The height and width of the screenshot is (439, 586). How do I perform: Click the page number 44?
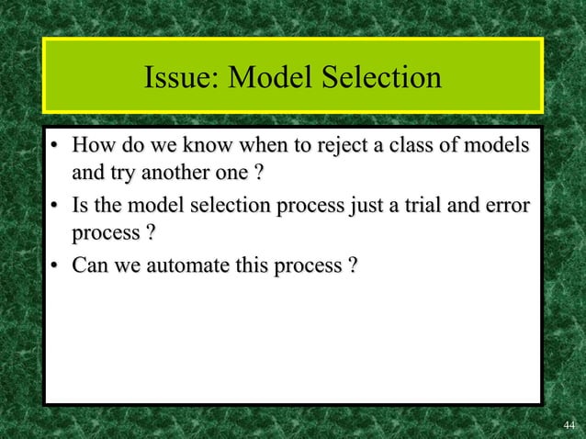(x=569, y=423)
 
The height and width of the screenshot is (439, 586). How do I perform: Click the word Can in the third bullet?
(x=91, y=265)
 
